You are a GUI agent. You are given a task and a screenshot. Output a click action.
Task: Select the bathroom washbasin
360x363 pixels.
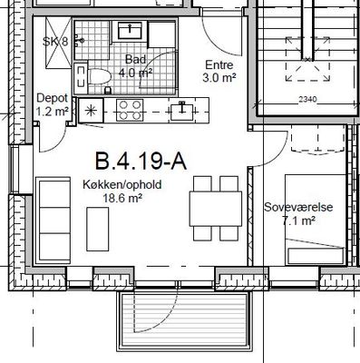click(130, 31)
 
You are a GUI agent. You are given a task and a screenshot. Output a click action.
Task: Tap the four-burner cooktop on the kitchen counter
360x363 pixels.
click(130, 110)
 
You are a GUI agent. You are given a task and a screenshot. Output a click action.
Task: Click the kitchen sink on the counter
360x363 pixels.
click(182, 111)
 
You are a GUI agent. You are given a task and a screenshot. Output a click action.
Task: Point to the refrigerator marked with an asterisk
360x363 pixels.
click(91, 111)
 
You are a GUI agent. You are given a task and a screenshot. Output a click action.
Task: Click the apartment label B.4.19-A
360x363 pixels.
click(141, 162)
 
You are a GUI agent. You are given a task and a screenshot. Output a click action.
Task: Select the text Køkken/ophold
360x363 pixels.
click(122, 184)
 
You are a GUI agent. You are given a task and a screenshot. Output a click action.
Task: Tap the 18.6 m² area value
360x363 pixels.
click(122, 199)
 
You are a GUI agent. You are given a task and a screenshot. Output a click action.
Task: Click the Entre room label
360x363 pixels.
click(219, 64)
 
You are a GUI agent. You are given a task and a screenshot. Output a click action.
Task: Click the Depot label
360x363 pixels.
click(52, 98)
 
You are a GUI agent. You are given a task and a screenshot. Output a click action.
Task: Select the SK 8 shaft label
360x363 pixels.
click(55, 41)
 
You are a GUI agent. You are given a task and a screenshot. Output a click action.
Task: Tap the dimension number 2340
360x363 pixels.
click(307, 99)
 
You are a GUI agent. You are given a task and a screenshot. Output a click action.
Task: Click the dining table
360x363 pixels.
click(216, 209)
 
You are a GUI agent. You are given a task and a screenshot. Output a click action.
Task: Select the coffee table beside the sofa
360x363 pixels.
click(98, 230)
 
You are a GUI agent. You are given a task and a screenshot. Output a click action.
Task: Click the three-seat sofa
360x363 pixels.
click(54, 221)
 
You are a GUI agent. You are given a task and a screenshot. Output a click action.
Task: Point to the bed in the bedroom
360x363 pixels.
click(316, 220)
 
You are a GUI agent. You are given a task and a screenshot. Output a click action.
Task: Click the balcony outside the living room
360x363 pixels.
click(184, 320)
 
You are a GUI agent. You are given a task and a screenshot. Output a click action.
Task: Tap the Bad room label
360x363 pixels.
click(135, 59)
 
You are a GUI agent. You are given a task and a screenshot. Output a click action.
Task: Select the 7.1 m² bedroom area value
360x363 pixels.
click(298, 221)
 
